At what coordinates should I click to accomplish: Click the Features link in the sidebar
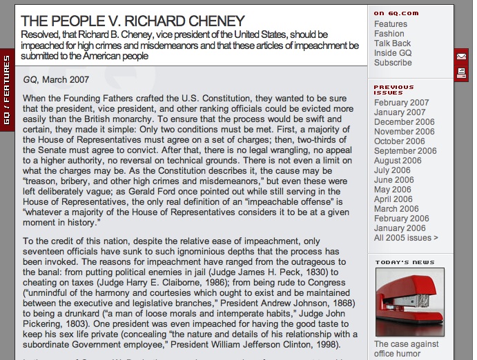tap(391, 24)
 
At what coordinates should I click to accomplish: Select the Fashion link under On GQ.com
tap(389, 34)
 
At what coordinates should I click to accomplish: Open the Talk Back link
tap(393, 43)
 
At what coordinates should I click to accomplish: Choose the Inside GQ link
tap(393, 53)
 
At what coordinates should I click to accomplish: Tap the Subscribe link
tap(393, 63)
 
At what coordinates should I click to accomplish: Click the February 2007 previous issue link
tap(401, 103)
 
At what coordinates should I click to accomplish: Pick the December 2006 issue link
tap(404, 122)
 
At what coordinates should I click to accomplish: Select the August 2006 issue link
tap(398, 161)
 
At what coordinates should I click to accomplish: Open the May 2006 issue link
tap(392, 190)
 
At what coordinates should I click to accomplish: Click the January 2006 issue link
tap(400, 228)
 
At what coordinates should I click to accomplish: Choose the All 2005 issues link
tap(406, 238)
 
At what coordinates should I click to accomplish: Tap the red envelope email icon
tap(461, 56)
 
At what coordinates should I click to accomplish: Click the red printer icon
tap(461, 73)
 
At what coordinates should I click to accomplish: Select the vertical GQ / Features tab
tap(6, 90)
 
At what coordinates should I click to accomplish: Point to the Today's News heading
tap(405, 262)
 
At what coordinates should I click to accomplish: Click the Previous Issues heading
tap(393, 90)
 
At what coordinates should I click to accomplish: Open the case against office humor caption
tap(407, 349)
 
